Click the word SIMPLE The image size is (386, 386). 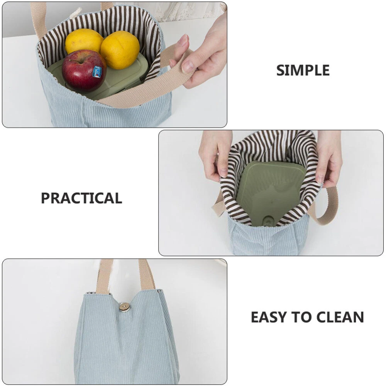303,70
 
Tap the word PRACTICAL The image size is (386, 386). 81,198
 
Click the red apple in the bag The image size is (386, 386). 84,71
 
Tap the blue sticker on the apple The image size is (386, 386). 98,71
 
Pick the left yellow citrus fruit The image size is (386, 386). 84,41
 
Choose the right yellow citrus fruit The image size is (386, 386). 120,49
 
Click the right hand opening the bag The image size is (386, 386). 328,157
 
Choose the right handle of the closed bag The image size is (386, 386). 147,274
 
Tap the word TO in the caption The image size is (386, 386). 301,317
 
